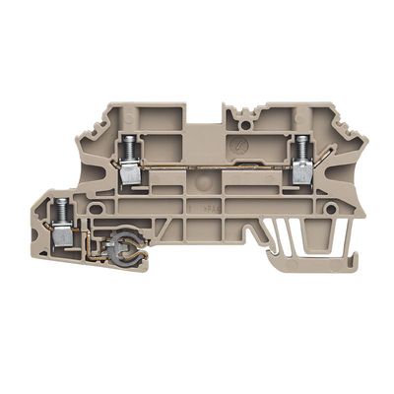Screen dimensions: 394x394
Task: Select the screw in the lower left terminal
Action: [x=60, y=207]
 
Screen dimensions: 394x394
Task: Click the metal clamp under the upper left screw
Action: [x=128, y=174]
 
